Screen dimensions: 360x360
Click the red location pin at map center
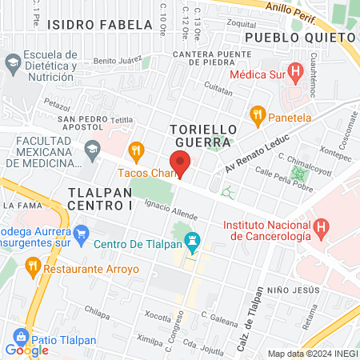coord(180,163)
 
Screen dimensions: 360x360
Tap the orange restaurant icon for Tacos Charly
coord(136,150)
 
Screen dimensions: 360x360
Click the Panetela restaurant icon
coord(257,114)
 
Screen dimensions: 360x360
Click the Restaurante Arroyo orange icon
coord(32,264)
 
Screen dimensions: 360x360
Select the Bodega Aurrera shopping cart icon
coord(80,234)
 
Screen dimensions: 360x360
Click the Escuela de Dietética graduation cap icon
coord(13,62)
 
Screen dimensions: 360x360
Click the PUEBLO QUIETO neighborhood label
coord(290,37)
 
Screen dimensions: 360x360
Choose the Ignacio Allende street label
coord(171,211)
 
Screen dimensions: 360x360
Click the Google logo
coord(26,350)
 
